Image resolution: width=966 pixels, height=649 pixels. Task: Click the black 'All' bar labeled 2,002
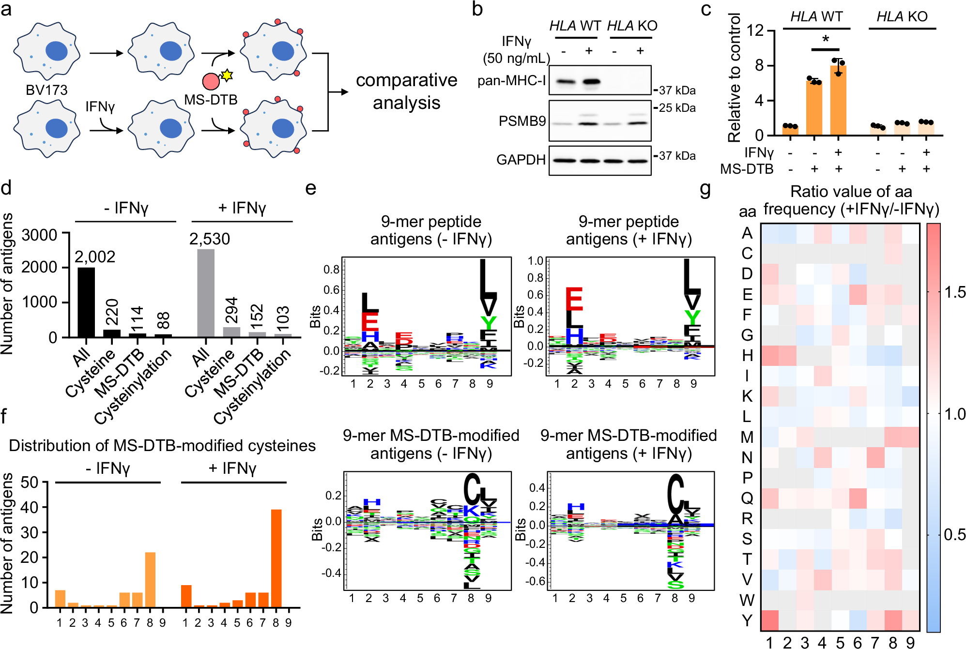pos(86,302)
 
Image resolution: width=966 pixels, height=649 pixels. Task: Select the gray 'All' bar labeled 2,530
pos(206,293)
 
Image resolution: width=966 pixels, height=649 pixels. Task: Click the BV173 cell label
pos(46,90)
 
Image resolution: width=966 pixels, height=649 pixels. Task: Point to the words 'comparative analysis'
pos(406,91)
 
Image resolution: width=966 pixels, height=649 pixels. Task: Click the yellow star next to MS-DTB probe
pos(227,75)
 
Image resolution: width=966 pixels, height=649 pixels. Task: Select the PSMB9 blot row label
pos(522,121)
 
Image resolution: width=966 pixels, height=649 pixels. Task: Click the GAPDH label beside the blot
pos(521,160)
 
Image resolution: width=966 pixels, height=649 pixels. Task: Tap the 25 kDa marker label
pos(677,108)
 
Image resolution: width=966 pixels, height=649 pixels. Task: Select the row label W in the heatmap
pos(747,600)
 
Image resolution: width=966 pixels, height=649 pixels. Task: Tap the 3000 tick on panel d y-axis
pos(40,235)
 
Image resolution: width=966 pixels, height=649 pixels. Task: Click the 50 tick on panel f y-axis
pos(29,482)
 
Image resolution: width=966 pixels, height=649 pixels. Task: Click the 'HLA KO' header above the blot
pos(632,26)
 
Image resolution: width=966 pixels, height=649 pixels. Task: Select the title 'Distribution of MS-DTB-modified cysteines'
pos(162,445)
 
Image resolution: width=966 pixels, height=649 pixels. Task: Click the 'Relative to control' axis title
pos(734,77)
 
